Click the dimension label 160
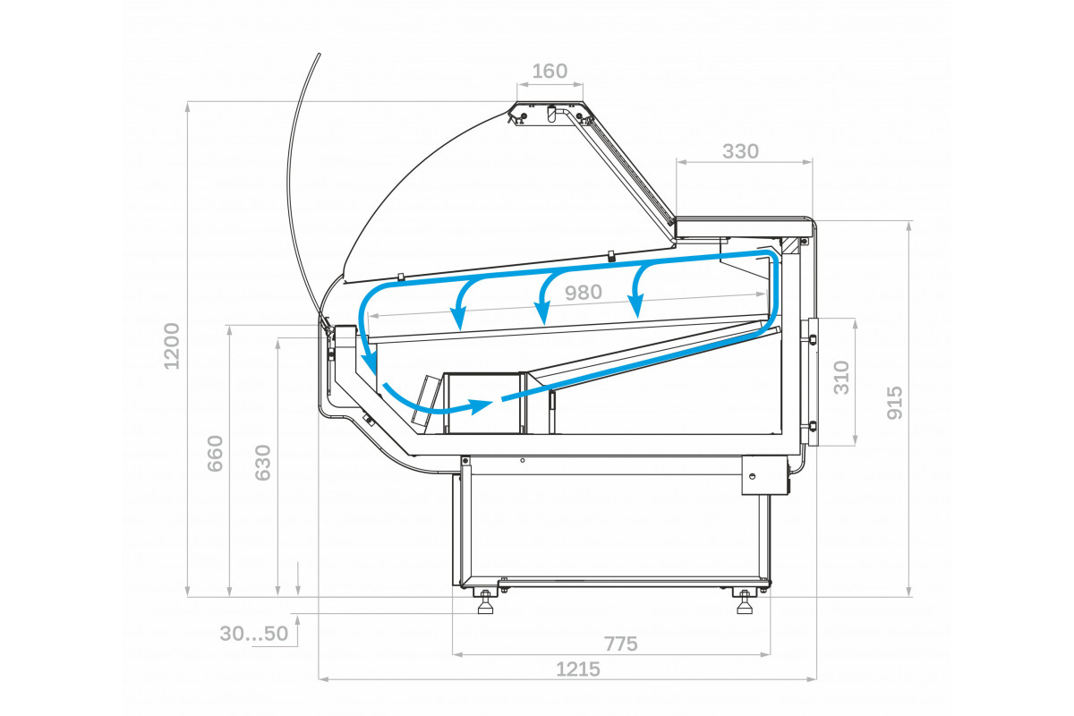pos(550,72)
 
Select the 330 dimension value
pos(740,151)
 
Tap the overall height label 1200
pos(172,345)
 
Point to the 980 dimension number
pos(583,293)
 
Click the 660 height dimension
pos(216,454)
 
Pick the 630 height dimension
pos(263,463)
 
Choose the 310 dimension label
pos(841,378)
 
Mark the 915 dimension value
pos(894,403)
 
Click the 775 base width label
pos(620,644)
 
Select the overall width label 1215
pos(578,669)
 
